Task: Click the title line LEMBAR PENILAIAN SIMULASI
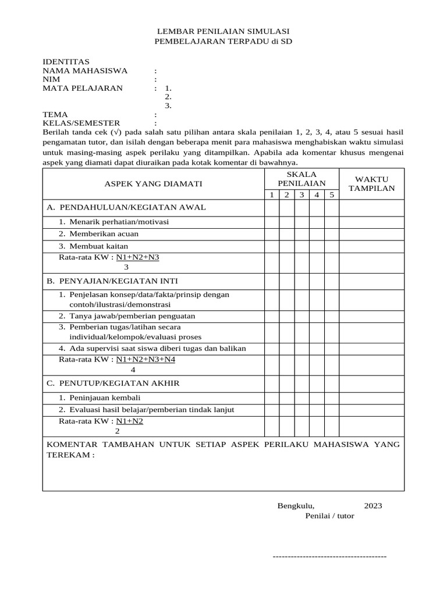pos(224,31)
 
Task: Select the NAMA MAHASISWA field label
pos(85,70)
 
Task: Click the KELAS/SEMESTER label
pos(81,123)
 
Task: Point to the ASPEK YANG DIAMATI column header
pos(153,183)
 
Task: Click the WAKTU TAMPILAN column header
pos(371,183)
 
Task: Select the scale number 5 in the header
pos(331,194)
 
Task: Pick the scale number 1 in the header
pos(271,194)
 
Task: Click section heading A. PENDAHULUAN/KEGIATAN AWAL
pos(126,207)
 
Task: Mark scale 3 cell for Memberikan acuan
pos(301,234)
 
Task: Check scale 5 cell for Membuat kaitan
pos(331,246)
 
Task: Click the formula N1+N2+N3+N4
pos(146,360)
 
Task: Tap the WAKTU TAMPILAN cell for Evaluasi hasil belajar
pos(371,410)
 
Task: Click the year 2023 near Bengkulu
pos(373,505)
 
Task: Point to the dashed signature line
pos(329,556)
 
